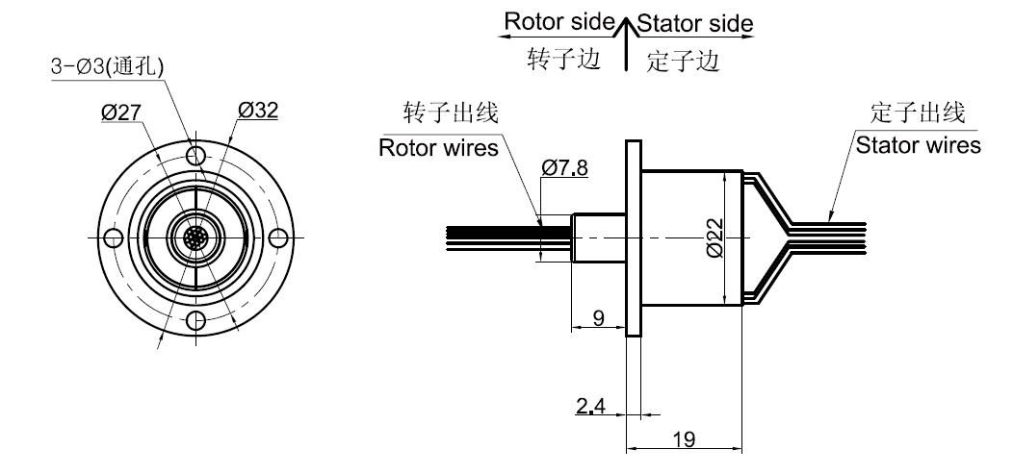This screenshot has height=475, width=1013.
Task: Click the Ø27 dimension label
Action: (122, 112)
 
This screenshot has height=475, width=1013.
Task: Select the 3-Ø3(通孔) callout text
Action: (106, 68)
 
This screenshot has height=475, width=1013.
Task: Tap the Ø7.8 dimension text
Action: (564, 168)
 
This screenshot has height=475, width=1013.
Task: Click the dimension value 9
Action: (599, 318)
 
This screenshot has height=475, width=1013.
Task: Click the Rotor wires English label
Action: (438, 148)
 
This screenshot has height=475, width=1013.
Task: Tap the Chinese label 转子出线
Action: (450, 113)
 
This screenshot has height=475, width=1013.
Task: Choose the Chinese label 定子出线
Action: (916, 112)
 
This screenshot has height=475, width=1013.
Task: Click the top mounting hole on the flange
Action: (195, 156)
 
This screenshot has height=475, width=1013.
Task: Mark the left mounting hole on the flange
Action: (113, 237)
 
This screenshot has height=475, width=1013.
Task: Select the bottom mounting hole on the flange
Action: (195, 320)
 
